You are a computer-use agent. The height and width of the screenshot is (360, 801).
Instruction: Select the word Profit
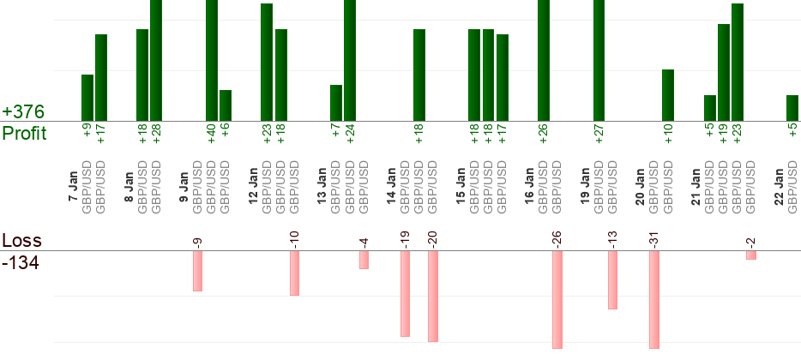pyautogui.click(x=25, y=134)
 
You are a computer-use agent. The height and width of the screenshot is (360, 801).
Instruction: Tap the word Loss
pyautogui.click(x=21, y=241)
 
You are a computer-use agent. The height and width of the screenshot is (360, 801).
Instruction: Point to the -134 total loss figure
pyautogui.click(x=21, y=262)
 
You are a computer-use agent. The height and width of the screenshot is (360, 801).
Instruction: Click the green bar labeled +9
pyautogui.click(x=87, y=98)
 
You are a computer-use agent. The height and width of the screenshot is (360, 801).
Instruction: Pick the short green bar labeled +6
pyautogui.click(x=226, y=105)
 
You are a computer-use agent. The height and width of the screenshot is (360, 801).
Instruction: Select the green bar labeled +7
pyautogui.click(x=336, y=103)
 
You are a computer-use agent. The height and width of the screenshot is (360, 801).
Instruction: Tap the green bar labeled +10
pyautogui.click(x=668, y=95)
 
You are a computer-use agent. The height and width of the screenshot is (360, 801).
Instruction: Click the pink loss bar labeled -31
pyautogui.click(x=654, y=299)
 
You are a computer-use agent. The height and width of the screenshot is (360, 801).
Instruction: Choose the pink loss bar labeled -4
pyautogui.click(x=364, y=260)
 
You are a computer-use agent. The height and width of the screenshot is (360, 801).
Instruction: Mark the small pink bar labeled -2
pyautogui.click(x=750, y=255)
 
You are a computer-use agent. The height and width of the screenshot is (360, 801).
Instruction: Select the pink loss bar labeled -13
pyautogui.click(x=612, y=279)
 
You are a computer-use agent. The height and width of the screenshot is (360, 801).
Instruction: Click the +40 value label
pyautogui.click(x=212, y=135)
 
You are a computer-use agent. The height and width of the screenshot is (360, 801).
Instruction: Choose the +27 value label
pyautogui.click(x=599, y=135)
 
